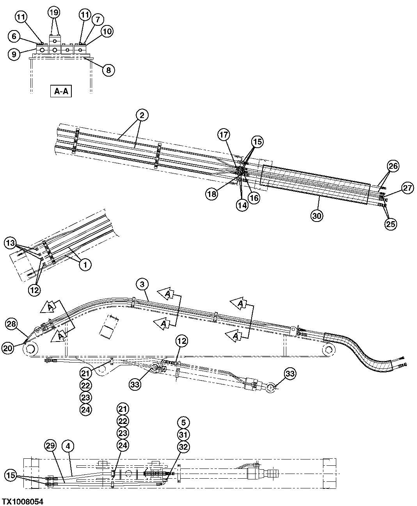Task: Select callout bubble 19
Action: click(54, 13)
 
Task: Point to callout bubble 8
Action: click(108, 70)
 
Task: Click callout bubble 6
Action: click(14, 36)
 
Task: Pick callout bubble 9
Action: click(14, 54)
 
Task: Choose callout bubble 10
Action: click(107, 31)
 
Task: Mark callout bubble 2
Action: click(142, 115)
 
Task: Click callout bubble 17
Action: click(224, 135)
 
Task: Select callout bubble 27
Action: click(407, 188)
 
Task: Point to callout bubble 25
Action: click(391, 224)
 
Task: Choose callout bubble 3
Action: click(143, 284)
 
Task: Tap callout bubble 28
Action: click(11, 324)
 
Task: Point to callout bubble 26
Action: click(393, 166)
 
